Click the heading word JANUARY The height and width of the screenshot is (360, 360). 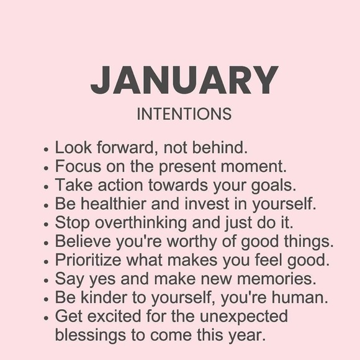pyautogui.click(x=184, y=80)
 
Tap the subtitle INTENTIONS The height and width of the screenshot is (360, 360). pyautogui.click(x=184, y=114)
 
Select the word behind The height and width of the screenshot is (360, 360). pyautogui.click(x=220, y=147)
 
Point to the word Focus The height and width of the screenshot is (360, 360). pyautogui.click(x=78, y=166)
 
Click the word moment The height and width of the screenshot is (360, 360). pyautogui.click(x=254, y=167)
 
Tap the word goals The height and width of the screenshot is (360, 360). pyautogui.click(x=274, y=186)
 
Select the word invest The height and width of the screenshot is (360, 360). pyautogui.click(x=207, y=204)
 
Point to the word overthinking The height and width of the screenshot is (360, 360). pyautogui.click(x=141, y=223)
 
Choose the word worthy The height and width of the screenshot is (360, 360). pyautogui.click(x=192, y=242)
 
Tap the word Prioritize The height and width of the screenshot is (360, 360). pyautogui.click(x=88, y=260)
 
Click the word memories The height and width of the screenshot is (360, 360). pyautogui.click(x=276, y=279)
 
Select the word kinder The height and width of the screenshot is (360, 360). pyautogui.click(x=104, y=297)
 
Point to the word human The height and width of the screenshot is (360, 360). pyautogui.click(x=300, y=297)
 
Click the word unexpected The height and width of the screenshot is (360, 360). pyautogui.click(x=243, y=317)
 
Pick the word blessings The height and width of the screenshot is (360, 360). pyautogui.click(x=91, y=336)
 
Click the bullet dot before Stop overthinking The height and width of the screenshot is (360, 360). pyautogui.click(x=46, y=224)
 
